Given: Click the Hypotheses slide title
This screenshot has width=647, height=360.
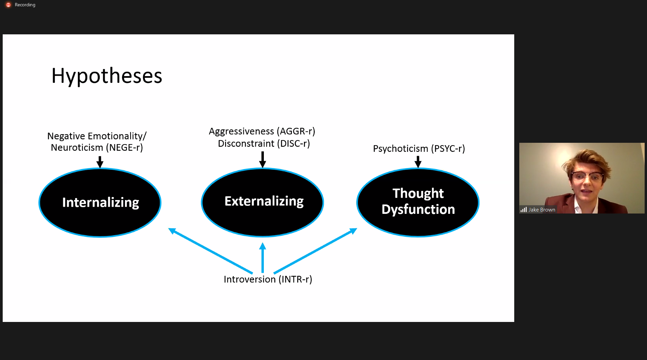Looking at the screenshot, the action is (x=107, y=76).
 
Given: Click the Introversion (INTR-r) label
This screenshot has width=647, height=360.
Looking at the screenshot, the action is (x=268, y=279).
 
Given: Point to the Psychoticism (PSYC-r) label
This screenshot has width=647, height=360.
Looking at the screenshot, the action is (x=419, y=149).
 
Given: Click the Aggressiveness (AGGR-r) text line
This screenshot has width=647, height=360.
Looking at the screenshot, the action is (x=262, y=131).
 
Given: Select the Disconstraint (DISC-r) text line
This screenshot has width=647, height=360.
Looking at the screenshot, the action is (x=264, y=143).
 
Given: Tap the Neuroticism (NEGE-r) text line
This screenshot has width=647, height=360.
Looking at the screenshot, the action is (x=97, y=148).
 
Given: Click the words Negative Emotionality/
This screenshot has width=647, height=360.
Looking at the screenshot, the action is (x=97, y=136).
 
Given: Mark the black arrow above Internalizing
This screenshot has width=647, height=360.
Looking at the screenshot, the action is (x=100, y=162).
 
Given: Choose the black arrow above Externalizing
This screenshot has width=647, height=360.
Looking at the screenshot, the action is (x=263, y=159).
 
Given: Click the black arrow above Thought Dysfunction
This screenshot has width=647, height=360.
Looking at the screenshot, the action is (x=418, y=162).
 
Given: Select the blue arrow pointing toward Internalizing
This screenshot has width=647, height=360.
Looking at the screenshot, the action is (x=210, y=251).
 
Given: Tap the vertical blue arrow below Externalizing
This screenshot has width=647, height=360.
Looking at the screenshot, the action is (x=263, y=258).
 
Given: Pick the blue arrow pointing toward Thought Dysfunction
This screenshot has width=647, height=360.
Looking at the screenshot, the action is (x=315, y=251).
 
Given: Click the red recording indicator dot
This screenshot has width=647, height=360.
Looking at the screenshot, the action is (x=8, y=5).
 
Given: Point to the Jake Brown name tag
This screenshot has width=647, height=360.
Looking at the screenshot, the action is (x=542, y=210).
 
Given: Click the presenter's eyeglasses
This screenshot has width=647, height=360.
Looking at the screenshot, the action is (x=587, y=176).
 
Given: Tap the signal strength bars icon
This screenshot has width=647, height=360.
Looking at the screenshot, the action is (x=524, y=209).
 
